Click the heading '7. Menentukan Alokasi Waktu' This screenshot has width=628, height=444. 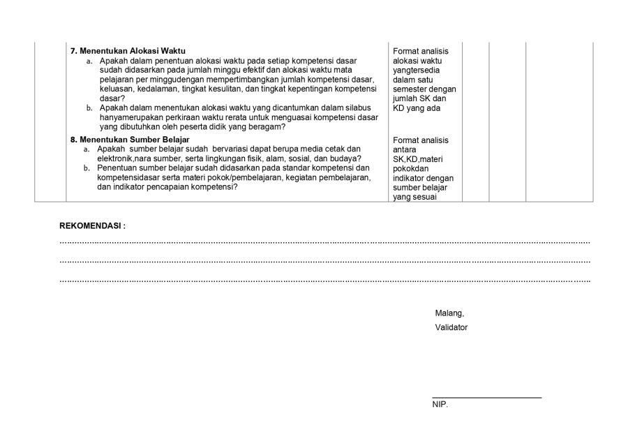coord(123,52)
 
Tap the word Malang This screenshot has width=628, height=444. coord(449,313)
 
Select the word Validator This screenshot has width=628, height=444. coord(451,327)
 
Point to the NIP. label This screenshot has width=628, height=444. coord(440,404)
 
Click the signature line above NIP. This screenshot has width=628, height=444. coord(486,398)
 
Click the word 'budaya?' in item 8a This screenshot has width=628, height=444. coord(335,158)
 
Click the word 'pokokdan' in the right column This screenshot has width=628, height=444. coord(410,168)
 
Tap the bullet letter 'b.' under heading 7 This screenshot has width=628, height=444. coord(89,108)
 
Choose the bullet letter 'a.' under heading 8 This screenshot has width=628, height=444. coord(87,149)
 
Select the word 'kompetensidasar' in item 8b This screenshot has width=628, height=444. coord(130,177)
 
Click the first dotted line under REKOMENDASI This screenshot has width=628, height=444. coord(324,242)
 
